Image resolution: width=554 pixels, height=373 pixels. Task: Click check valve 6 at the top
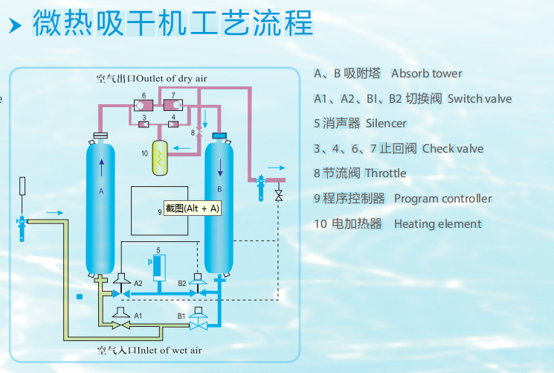144,103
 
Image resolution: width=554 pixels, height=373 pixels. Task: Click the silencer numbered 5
158,268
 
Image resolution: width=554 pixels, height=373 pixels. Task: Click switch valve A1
119,314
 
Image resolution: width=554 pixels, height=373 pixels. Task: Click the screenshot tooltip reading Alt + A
192,208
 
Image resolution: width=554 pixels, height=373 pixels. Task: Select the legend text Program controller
442,199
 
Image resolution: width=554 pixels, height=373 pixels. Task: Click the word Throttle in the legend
385,173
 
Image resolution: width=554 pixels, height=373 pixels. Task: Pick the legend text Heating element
437,223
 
